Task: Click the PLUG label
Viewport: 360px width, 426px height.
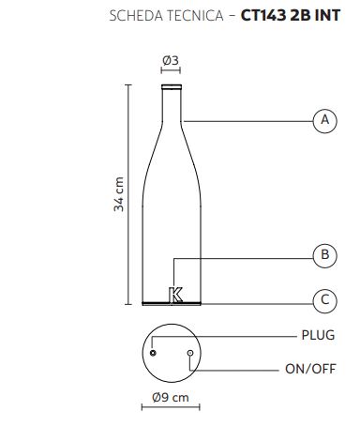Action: pyautogui.click(x=318, y=335)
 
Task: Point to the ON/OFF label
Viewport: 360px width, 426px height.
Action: pyautogui.click(x=310, y=369)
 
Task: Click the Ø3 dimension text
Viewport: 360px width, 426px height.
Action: pyautogui.click(x=171, y=60)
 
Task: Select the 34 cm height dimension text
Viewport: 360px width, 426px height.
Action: pyautogui.click(x=119, y=194)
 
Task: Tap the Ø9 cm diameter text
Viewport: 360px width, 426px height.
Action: pyautogui.click(x=171, y=398)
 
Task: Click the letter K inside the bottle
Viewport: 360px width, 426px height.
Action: pyautogui.click(x=175, y=295)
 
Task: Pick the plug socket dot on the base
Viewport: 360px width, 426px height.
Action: pyautogui.click(x=153, y=353)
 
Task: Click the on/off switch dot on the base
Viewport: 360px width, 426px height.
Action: pyautogui.click(x=190, y=353)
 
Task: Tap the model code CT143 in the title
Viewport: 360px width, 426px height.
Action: pyautogui.click(x=263, y=16)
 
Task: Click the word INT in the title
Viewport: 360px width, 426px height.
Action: pyautogui.click(x=327, y=16)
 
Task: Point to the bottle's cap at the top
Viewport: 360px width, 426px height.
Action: pyautogui.click(x=172, y=86)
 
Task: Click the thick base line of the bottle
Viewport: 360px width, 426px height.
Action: pyautogui.click(x=172, y=303)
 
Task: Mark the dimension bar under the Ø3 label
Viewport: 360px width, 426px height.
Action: pyautogui.click(x=171, y=70)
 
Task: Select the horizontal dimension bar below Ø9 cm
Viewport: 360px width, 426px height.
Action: pyautogui.click(x=171, y=407)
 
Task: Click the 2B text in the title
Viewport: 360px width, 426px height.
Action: pyautogui.click(x=301, y=16)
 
